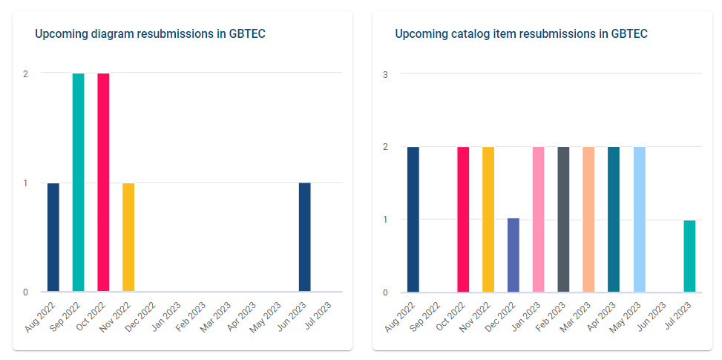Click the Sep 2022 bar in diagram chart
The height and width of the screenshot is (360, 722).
(x=78, y=183)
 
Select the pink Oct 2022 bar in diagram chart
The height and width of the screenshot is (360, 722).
(x=103, y=183)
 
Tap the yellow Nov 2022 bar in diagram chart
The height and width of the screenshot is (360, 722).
(x=128, y=238)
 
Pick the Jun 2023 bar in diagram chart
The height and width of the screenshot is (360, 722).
(x=304, y=238)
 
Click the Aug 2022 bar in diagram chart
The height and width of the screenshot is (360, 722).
(x=53, y=238)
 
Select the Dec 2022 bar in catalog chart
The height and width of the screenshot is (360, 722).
(x=513, y=255)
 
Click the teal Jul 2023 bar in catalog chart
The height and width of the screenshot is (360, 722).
(x=689, y=256)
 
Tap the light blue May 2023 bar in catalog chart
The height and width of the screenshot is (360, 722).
(x=639, y=220)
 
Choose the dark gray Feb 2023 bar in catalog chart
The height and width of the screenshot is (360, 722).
(x=564, y=220)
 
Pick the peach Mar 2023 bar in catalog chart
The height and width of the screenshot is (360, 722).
(x=588, y=220)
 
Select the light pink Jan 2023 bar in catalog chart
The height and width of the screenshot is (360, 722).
(x=539, y=220)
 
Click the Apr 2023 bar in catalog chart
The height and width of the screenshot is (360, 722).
(x=614, y=220)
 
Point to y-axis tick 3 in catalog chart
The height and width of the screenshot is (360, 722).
(x=385, y=74)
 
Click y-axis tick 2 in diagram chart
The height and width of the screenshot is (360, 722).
(x=26, y=73)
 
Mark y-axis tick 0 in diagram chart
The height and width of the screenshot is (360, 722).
(x=26, y=292)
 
